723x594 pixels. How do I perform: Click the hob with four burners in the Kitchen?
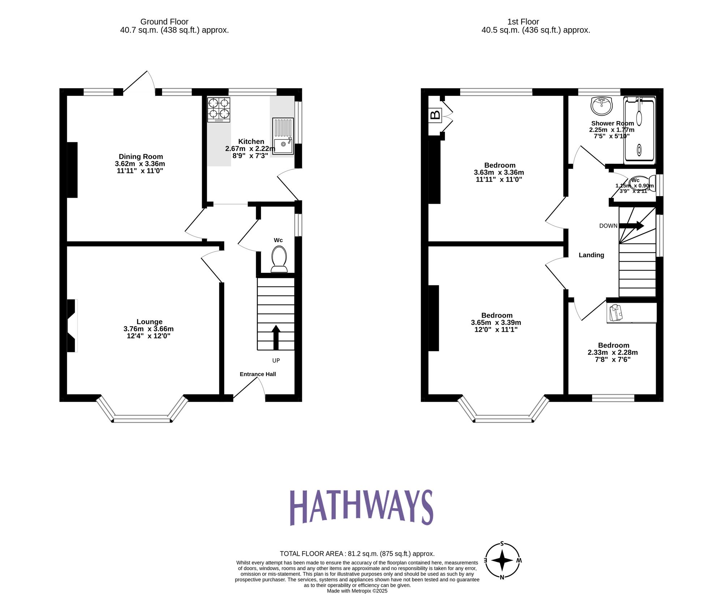tap(219, 110)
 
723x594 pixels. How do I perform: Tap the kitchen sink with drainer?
tap(283, 136)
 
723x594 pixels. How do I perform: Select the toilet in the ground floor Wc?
tap(279, 259)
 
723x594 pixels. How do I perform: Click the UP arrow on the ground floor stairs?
tap(276, 337)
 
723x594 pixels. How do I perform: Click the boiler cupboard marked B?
tap(436, 115)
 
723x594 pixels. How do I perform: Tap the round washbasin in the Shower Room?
tap(602, 106)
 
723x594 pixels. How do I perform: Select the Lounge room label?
tap(149, 322)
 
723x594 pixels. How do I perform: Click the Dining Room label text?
tap(141, 156)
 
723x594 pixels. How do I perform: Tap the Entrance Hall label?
tap(257, 374)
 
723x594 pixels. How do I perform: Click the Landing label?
tap(591, 255)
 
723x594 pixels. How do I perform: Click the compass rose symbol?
tap(502, 560)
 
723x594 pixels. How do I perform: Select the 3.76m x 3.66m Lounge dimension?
tap(148, 329)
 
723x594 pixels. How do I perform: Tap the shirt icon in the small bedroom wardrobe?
tap(615, 313)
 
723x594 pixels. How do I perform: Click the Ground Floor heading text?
tap(164, 22)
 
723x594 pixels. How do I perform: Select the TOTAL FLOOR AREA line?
tap(357, 554)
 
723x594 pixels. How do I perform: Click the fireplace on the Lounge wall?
tap(72, 325)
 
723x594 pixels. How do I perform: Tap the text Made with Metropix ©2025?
tap(357, 591)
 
